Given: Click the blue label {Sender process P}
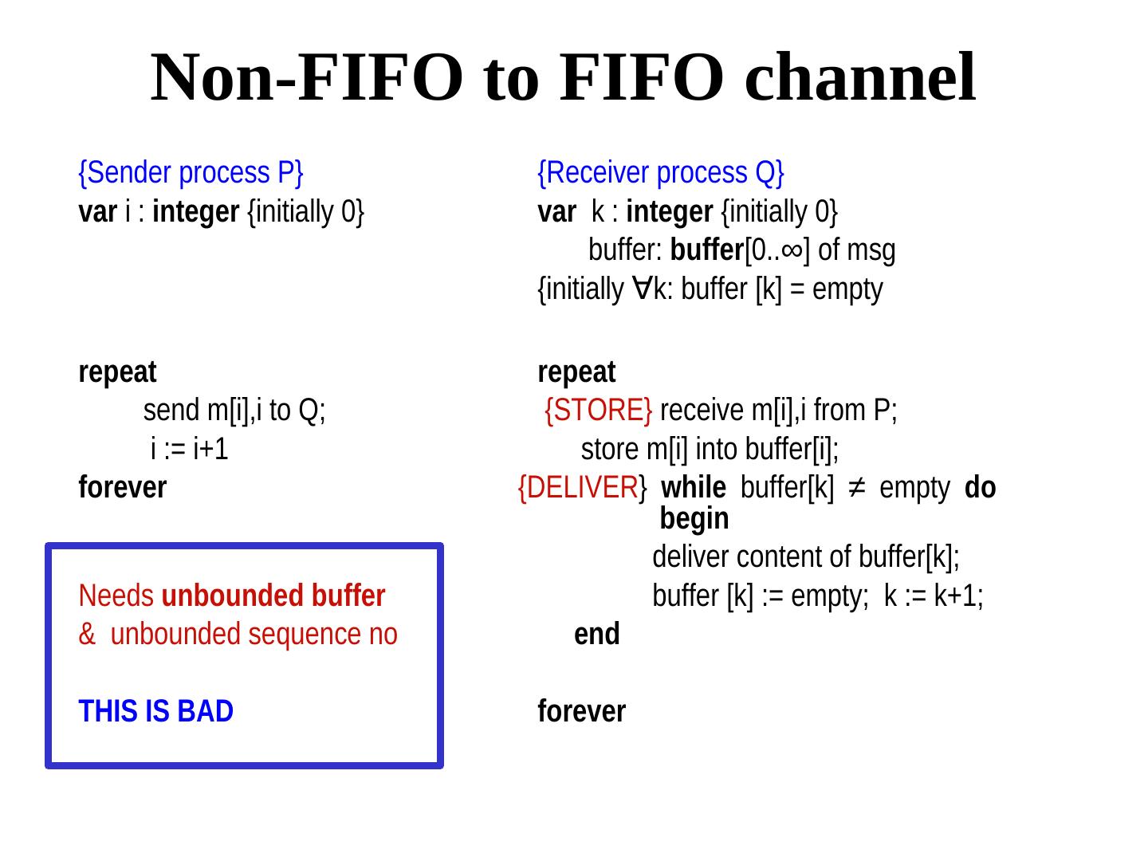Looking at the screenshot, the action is pos(191,172).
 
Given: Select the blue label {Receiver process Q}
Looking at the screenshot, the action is pos(661,172).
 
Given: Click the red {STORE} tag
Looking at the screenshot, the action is pos(599,411).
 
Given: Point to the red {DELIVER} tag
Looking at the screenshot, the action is pos(582,488).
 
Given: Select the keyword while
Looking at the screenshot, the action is pos(694,488).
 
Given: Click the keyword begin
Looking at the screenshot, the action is pos(694,519).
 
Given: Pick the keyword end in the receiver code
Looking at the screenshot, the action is pos(596,635).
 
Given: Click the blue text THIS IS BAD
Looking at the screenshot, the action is pos(156,711).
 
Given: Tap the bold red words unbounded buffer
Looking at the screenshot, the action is pos(273,596).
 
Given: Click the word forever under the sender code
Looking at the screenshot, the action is pos(123,487).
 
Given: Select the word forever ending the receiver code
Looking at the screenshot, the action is pos(582,711).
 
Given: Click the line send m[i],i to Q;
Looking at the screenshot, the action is pos(234,411).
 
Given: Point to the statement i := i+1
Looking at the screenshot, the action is pos(190,450).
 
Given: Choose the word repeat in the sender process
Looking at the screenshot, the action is pos(118,372).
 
